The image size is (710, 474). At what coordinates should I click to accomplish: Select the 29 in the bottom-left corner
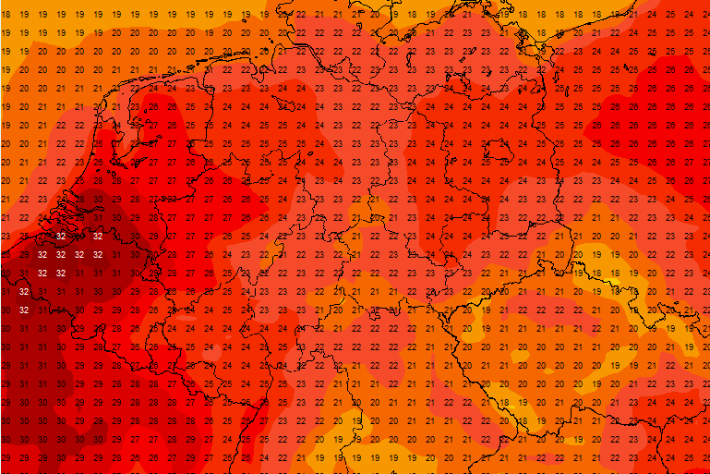point(6,458)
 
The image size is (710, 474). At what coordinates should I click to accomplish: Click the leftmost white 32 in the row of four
point(42,254)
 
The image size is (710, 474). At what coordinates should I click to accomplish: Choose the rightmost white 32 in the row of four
point(97,254)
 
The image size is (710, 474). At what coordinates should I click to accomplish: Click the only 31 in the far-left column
point(6,291)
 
